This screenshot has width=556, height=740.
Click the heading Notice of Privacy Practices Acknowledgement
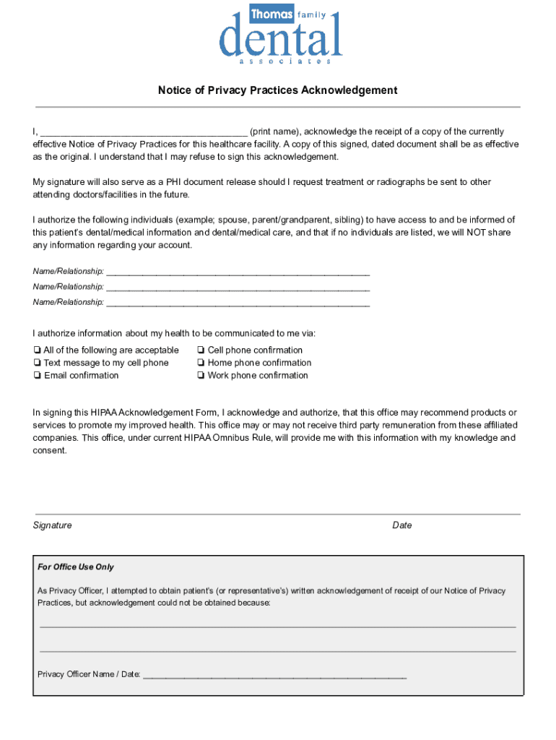click(x=278, y=90)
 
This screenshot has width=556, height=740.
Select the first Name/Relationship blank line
click(x=238, y=273)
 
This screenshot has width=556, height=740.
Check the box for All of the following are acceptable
click(x=36, y=350)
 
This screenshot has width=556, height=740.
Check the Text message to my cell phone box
click(x=36, y=363)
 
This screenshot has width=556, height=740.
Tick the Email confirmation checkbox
click(x=36, y=376)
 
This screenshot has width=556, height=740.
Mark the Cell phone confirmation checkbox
click(x=200, y=350)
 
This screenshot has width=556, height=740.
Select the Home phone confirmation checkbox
click(x=200, y=363)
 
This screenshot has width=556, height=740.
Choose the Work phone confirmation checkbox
click(x=200, y=376)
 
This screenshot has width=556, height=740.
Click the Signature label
click(x=52, y=525)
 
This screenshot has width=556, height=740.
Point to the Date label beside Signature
click(x=402, y=525)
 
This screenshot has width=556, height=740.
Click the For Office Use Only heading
click(x=76, y=567)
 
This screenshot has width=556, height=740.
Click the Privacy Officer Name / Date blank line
click(x=274, y=676)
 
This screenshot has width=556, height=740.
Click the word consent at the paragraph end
click(x=50, y=450)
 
